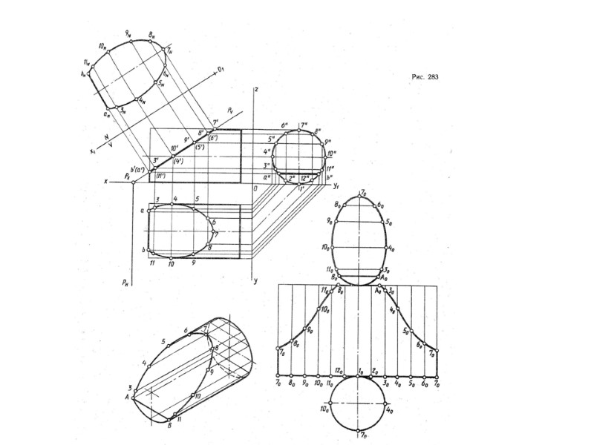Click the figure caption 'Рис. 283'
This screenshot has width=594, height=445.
pyautogui.click(x=425, y=76)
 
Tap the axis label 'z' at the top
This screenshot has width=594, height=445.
pyautogui.click(x=255, y=89)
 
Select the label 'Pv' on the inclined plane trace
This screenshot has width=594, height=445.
pyautogui.click(x=228, y=116)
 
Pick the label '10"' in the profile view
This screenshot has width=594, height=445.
pyautogui.click(x=332, y=154)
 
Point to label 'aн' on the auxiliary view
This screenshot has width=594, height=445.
pyautogui.click(x=107, y=114)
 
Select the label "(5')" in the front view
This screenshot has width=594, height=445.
pyautogui.click(x=200, y=147)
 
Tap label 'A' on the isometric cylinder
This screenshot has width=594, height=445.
pyautogui.click(x=127, y=396)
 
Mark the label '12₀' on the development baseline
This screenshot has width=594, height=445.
pyautogui.click(x=339, y=369)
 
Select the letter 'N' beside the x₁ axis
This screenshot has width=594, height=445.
pyautogui.click(x=107, y=138)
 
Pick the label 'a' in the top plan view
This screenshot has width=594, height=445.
pyautogui.click(x=142, y=211)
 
